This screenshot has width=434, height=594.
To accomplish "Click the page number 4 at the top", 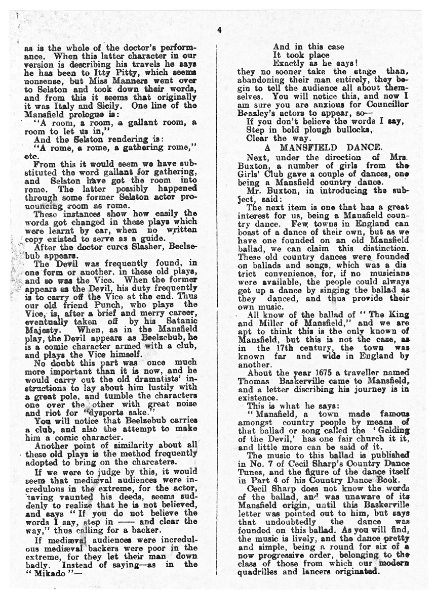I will (219, 30).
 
